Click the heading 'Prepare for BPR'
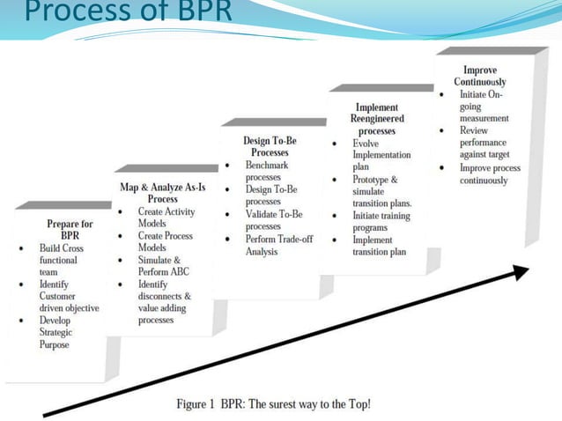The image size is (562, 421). pos(70,230)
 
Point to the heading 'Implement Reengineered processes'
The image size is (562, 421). pos(376,119)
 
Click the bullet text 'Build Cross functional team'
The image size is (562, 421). pos(62,261)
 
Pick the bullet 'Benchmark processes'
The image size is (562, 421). pos(268,171)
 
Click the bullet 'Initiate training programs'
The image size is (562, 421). pos(380,221)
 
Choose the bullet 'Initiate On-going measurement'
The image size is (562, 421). pos(484,106)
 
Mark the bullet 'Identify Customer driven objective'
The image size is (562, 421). pos(67,297)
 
